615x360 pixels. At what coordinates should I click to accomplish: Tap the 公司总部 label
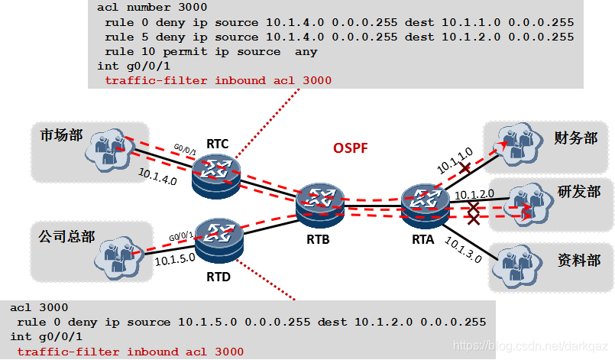[x=66, y=236]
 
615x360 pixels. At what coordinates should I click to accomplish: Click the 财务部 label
[x=576, y=138]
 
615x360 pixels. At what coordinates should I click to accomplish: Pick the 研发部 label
[x=579, y=191]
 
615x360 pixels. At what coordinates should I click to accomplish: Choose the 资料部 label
[x=578, y=260]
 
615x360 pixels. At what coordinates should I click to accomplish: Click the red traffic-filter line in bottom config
[x=130, y=352]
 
